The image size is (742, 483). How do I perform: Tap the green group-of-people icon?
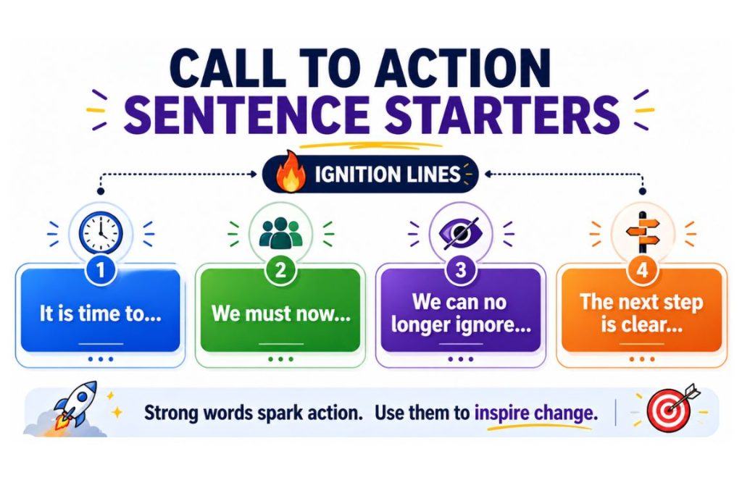280,232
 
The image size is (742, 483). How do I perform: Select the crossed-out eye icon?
459,232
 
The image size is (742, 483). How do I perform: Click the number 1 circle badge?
101,271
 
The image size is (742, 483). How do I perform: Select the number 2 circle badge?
279,271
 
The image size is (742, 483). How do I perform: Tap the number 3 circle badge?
459,271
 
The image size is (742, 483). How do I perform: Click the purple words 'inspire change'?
535,413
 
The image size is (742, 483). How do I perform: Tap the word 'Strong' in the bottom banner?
172,413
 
